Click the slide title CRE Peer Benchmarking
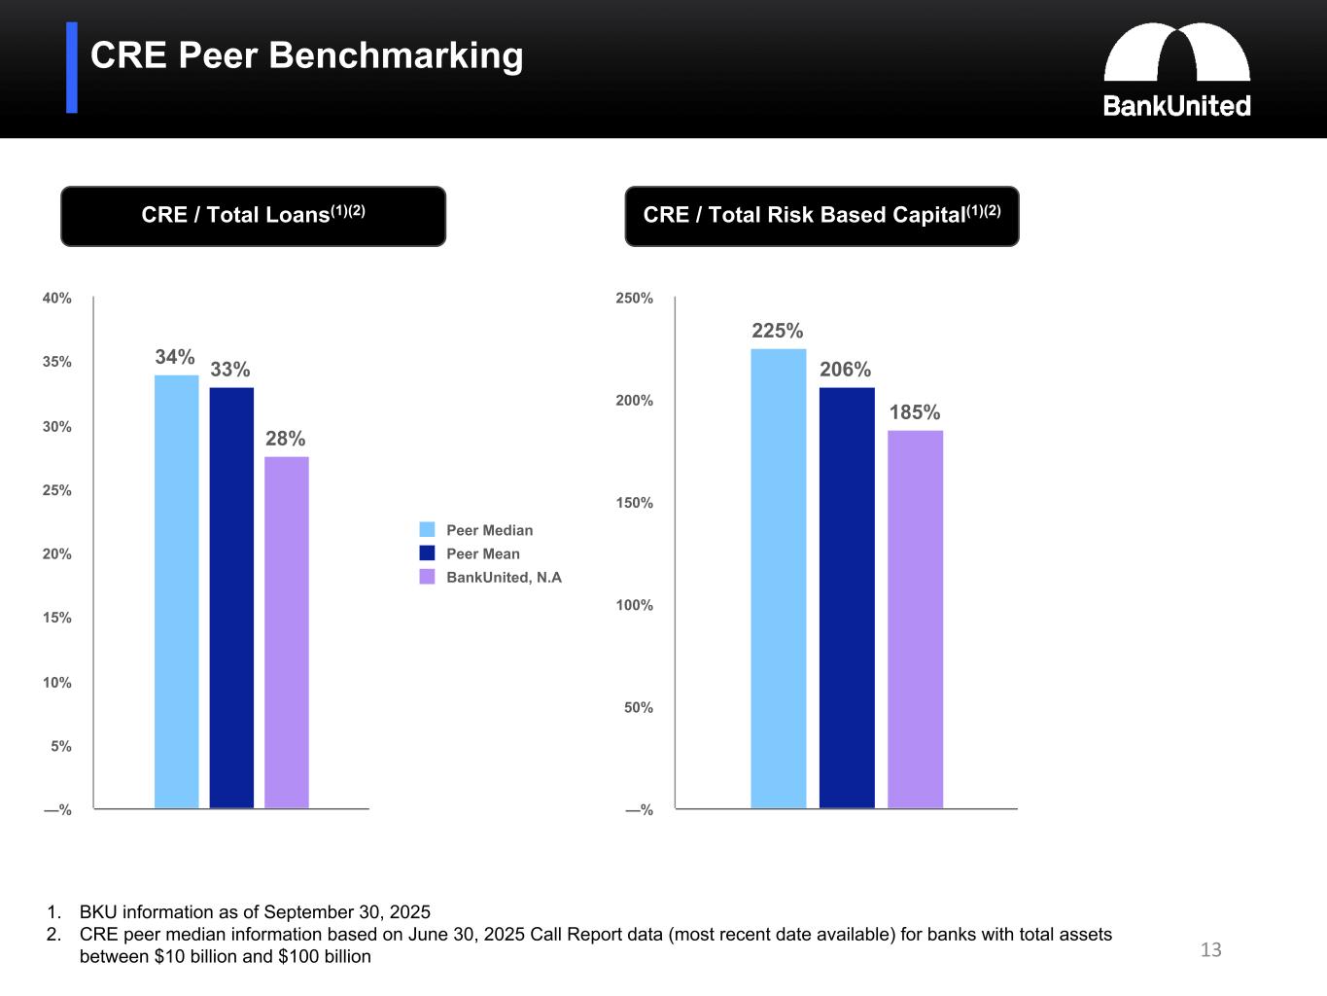(x=306, y=55)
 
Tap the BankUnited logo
(x=1176, y=70)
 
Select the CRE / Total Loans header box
(x=253, y=216)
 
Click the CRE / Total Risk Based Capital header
(x=821, y=216)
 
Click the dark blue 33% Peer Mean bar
(x=231, y=597)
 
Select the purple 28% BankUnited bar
(x=287, y=632)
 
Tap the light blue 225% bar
(x=778, y=578)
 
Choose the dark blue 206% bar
(x=847, y=597)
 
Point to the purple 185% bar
(x=915, y=619)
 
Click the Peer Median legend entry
(x=477, y=530)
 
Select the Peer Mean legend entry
(x=471, y=553)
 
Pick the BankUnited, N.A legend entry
(x=491, y=577)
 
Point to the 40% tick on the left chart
(x=57, y=299)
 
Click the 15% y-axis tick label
(x=57, y=618)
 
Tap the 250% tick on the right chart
(x=635, y=299)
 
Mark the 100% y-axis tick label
(x=635, y=605)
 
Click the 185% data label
(x=915, y=412)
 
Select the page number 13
(x=1210, y=950)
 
